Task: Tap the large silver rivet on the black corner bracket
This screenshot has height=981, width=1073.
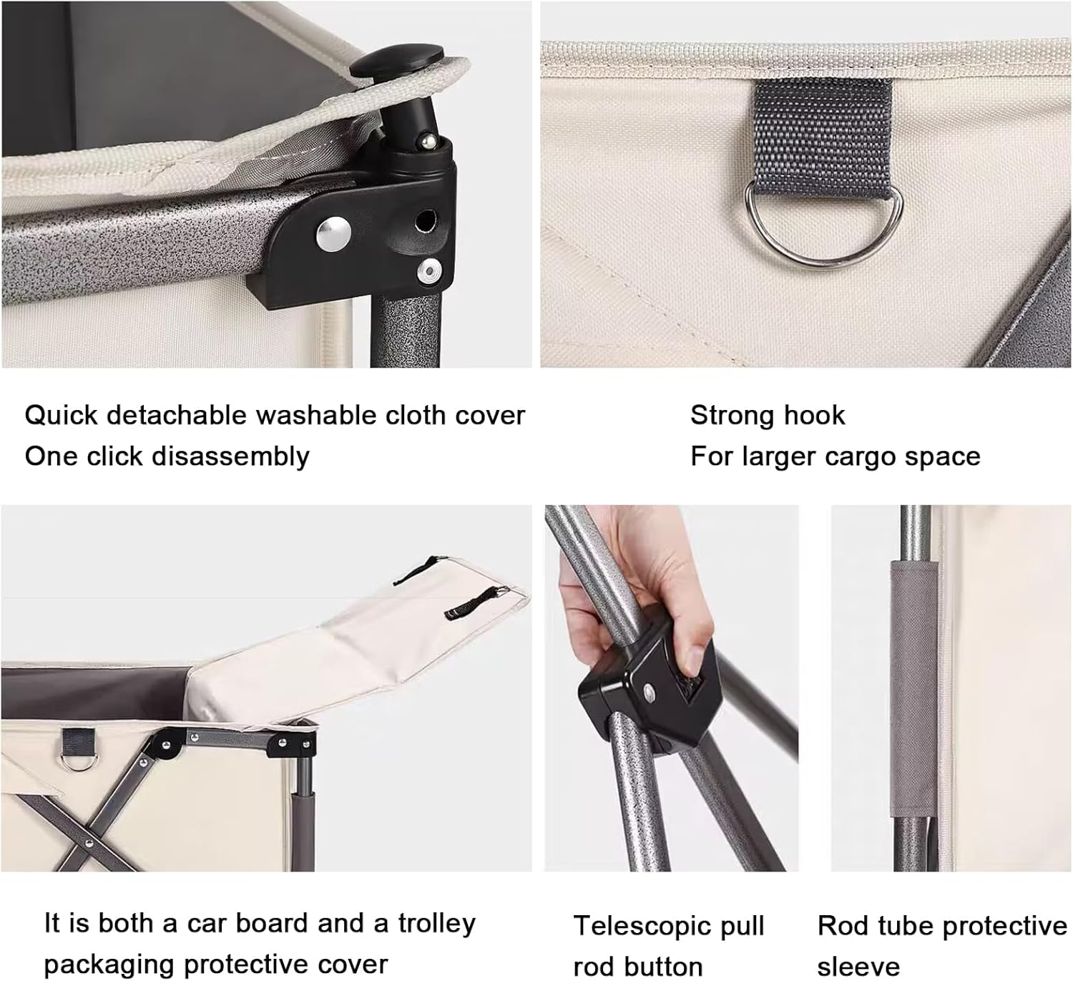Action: (x=334, y=234)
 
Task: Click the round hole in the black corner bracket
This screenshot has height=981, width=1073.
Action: (x=426, y=220)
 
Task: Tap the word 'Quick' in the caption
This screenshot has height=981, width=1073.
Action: (x=61, y=416)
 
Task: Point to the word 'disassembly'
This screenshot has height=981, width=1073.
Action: (x=230, y=457)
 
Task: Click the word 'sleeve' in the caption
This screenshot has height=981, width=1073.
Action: (x=858, y=967)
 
